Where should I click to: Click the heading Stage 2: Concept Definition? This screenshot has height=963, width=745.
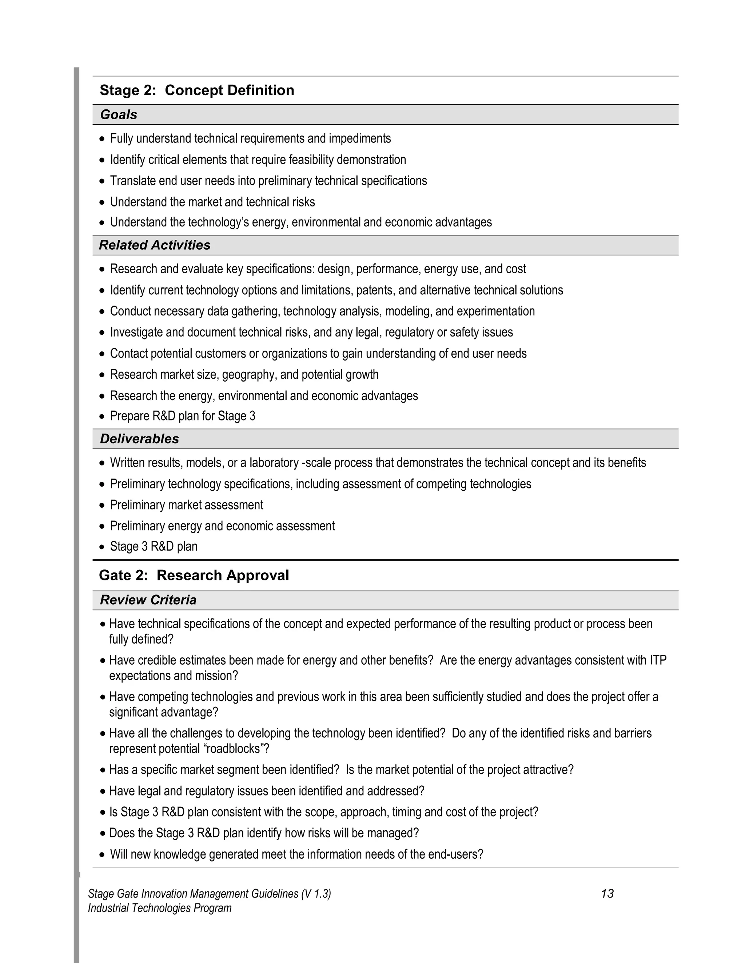pos(197,90)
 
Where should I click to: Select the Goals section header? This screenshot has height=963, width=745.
pos(118,114)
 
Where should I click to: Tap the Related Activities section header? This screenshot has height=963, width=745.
pos(155,245)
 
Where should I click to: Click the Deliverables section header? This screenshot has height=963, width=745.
pos(139,439)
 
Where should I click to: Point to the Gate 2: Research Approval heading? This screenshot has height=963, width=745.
pos(194,575)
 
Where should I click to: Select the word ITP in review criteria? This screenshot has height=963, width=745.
pos(658,660)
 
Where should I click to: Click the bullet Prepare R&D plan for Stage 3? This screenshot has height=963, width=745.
pos(182,416)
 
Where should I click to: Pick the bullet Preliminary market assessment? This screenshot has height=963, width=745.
pos(186,505)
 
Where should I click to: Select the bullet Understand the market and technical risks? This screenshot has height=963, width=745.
pos(212,202)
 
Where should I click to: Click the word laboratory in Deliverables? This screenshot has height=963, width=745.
pos(274,463)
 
